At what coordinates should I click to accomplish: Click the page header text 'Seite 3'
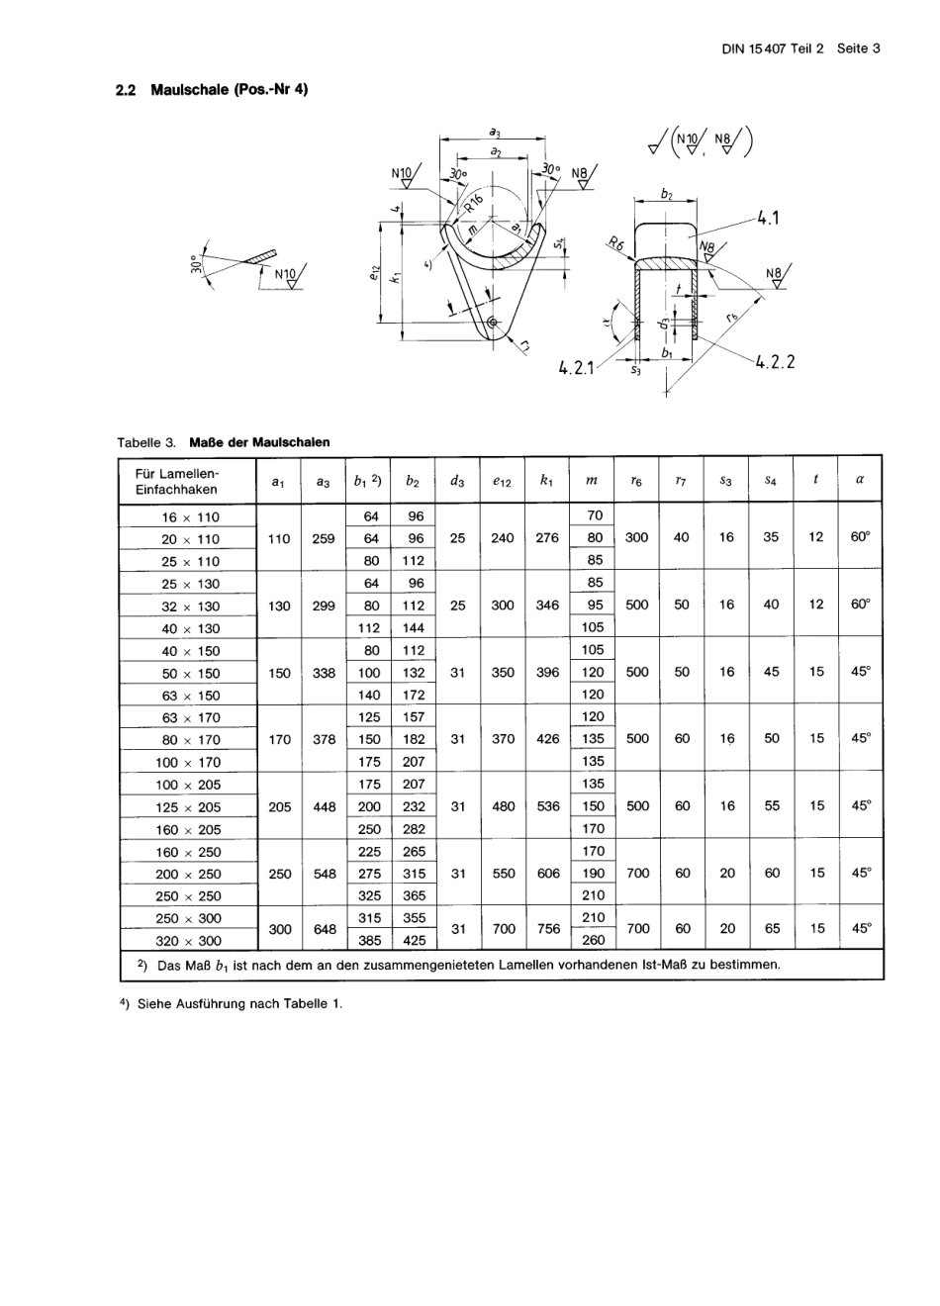point(858,48)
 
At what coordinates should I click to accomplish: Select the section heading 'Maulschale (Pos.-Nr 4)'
point(230,90)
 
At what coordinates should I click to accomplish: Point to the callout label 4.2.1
point(577,368)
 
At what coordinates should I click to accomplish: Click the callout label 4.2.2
point(775,362)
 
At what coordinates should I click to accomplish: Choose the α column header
point(860,480)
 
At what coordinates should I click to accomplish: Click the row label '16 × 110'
point(190,517)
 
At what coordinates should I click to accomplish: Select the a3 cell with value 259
point(324,539)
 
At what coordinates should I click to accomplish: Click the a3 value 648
point(324,930)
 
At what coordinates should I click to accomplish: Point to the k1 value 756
point(547,930)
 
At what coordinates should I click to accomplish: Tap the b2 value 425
point(414,941)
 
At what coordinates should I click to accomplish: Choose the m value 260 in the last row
point(593,941)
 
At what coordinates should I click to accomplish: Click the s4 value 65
point(772,929)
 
